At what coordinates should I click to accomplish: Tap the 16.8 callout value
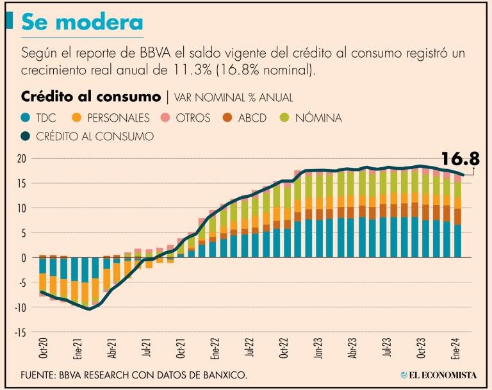coord(459,159)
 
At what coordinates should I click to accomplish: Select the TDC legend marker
coord(26,118)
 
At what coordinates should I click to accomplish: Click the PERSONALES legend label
coord(119,118)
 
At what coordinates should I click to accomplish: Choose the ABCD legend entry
coord(252,118)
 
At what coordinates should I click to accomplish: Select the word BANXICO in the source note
coord(224,375)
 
